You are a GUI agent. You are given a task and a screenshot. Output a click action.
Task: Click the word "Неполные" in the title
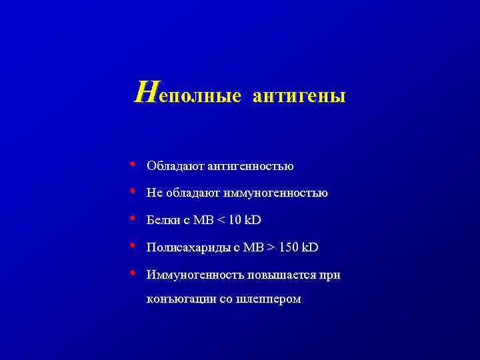pyautogui.click(x=188, y=95)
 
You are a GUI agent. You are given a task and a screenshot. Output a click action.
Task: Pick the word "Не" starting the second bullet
pyautogui.click(x=154, y=193)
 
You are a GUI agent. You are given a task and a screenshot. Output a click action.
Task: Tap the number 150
pyautogui.click(x=289, y=248)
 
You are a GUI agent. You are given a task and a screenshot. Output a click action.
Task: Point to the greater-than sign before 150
pyautogui.click(x=271, y=248)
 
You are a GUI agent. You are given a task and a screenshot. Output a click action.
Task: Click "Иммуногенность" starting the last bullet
pyautogui.click(x=188, y=275)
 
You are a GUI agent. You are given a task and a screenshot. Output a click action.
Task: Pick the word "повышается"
pyautogui.click(x=273, y=275)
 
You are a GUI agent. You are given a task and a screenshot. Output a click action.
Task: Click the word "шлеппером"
pyautogui.click(x=269, y=299)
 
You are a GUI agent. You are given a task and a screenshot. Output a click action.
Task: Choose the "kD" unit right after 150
pyautogui.click(x=311, y=248)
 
